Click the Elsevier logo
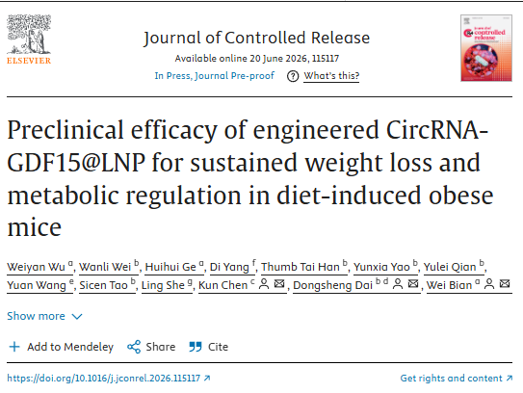tap(29, 39)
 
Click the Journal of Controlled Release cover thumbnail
tap(486, 48)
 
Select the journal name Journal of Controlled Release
tap(256, 38)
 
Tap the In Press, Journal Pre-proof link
tap(214, 76)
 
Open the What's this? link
tap(331, 76)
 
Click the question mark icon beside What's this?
tap(293, 76)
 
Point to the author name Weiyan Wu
tap(36, 267)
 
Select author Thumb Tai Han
tap(301, 267)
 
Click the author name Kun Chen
tap(223, 285)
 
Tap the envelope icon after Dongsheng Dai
tap(413, 284)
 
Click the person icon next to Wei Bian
tap(489, 284)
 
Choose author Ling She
tap(163, 285)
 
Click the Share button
tap(151, 347)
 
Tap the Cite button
tap(208, 347)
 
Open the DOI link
tap(109, 378)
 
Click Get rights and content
tap(457, 378)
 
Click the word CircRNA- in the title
tap(437, 130)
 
